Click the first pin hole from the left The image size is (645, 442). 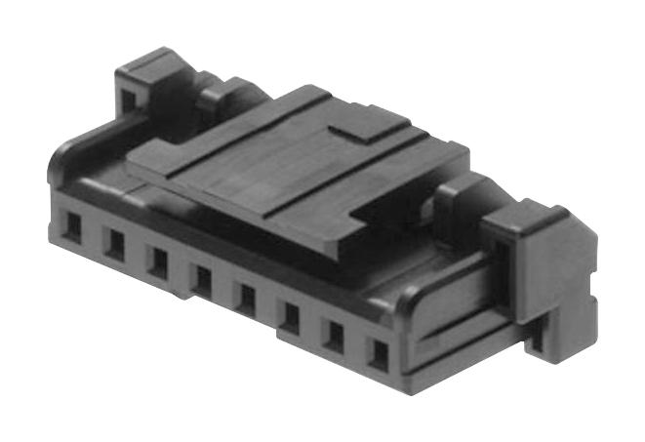pyautogui.click(x=73, y=226)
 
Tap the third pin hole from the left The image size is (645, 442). pyautogui.click(x=157, y=261)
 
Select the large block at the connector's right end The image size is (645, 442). pyautogui.click(x=540, y=268)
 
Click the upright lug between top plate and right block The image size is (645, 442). pyautogui.click(x=457, y=199)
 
